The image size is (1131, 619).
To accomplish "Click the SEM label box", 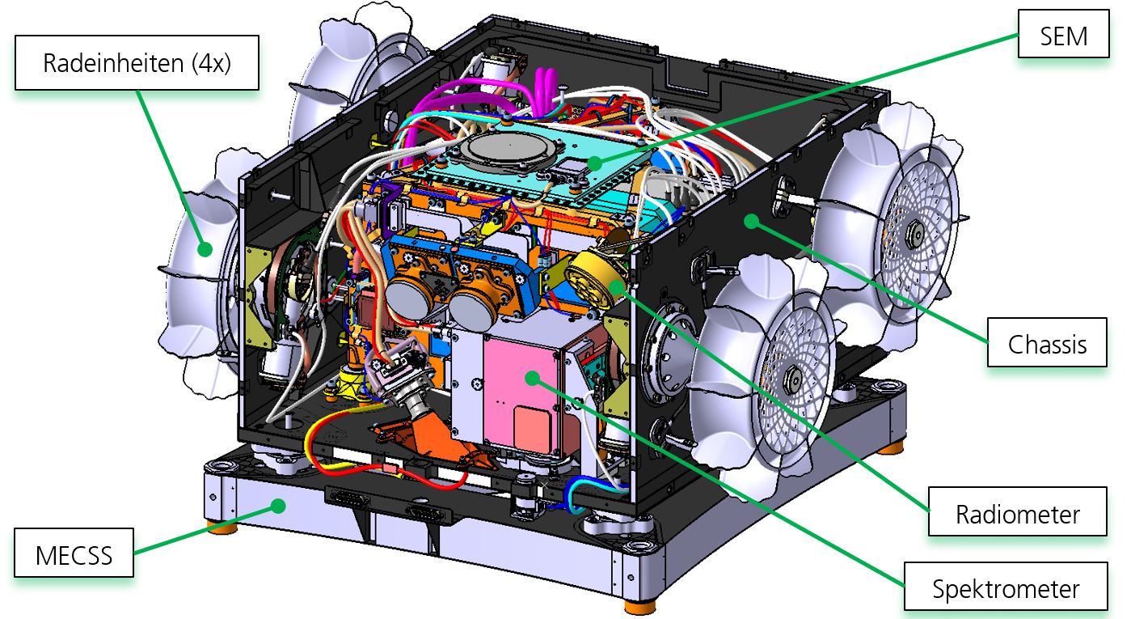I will tap(1062, 36).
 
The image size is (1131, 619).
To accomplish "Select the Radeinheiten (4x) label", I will tap(137, 63).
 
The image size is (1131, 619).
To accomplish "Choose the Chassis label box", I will tap(1046, 344).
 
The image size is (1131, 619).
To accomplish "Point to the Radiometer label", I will tap(1017, 513).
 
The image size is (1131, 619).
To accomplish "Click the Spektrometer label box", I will tap(1006, 587).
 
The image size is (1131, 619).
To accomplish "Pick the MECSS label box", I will tap(74, 556).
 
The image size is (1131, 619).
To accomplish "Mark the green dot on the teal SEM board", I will tap(595, 163).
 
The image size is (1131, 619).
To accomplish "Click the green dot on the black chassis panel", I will tap(753, 219).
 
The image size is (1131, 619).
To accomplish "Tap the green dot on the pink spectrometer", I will tap(531, 377).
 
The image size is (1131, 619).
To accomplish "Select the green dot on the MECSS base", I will tap(279, 507).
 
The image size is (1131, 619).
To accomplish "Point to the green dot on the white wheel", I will tap(205, 249).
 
